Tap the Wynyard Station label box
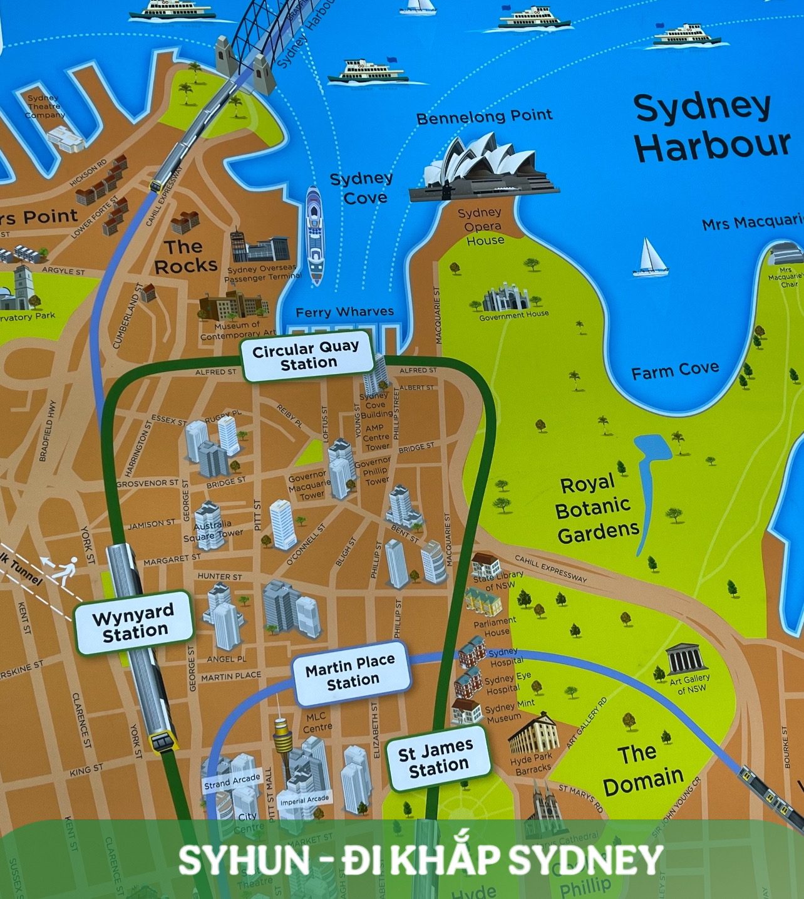tap(133, 622)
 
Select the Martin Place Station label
tap(351, 671)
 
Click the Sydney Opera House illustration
tap(481, 169)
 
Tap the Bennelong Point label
tap(484, 117)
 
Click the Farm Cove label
tap(674, 371)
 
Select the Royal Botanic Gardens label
tap(596, 508)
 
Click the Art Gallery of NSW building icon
tap(686, 658)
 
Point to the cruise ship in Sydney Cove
tap(315, 234)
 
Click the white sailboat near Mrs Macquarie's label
tap(649, 258)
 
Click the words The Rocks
tap(185, 257)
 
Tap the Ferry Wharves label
tap(344, 312)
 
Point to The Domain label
tap(641, 768)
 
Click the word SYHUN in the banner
tap(244, 860)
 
